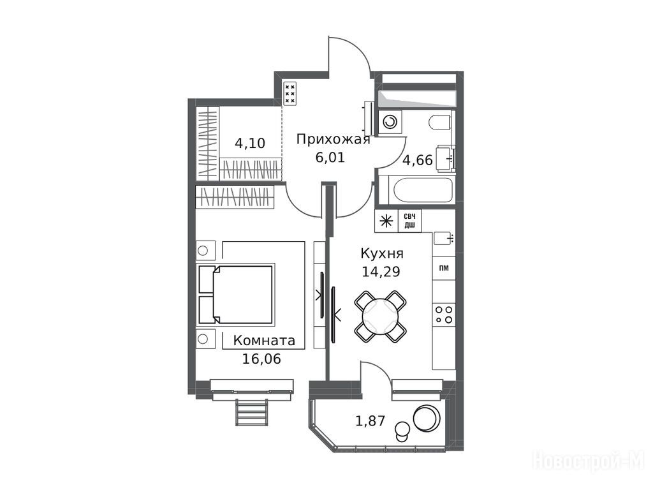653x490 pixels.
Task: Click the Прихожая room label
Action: click(333, 138)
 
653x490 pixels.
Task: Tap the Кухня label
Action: click(382, 253)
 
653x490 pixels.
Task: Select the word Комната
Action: click(264, 341)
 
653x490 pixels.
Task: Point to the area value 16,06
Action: click(261, 359)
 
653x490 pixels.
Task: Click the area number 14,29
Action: click(381, 272)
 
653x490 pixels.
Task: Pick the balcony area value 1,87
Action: click(371, 421)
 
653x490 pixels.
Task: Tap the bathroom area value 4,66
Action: click(417, 160)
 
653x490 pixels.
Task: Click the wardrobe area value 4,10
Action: click(250, 144)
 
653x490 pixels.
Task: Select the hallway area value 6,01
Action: click(330, 158)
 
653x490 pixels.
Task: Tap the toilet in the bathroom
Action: click(440, 122)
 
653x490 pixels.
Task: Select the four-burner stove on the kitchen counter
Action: click(444, 315)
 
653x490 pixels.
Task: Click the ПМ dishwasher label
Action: click(444, 268)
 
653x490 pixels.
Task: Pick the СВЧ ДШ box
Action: click(410, 221)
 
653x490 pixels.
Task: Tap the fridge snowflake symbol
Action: click(387, 221)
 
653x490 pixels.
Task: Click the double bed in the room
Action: click(236, 294)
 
